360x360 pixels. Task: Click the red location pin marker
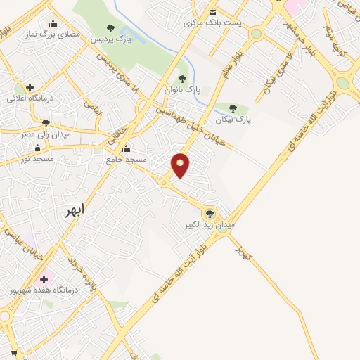tap(181, 165)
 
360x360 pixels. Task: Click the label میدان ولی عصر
tap(46, 134)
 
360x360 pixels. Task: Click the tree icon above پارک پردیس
tap(110, 28)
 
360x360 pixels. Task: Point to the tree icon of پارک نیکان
tap(233, 108)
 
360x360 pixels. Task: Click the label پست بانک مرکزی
tap(212, 22)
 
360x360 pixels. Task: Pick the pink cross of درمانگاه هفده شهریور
tap(44, 278)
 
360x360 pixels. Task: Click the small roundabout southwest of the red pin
tap(164, 183)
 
